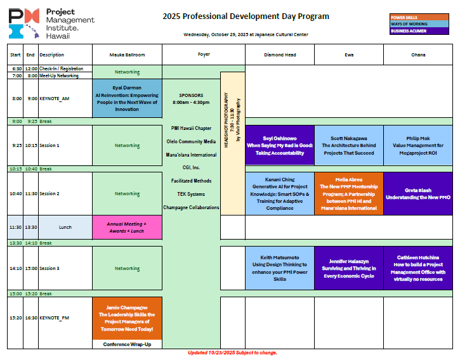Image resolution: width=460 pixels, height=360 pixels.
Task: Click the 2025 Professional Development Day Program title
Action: (x=246, y=16)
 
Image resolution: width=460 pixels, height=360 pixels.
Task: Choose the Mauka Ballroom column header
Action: (x=127, y=55)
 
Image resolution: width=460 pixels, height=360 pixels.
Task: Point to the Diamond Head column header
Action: (x=280, y=55)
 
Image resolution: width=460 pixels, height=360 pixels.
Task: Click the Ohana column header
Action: (x=417, y=55)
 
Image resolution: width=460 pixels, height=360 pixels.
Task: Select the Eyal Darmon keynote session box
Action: (x=127, y=98)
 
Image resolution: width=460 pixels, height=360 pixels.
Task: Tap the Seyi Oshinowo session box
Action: (x=280, y=145)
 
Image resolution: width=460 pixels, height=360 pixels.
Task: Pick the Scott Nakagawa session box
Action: (x=348, y=145)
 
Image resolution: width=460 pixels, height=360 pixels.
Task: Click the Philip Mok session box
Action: (x=417, y=145)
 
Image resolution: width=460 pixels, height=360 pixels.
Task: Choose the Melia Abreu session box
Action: (x=348, y=194)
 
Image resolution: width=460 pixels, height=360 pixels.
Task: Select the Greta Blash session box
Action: (x=417, y=194)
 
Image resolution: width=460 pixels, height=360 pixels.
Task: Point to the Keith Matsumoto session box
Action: (x=280, y=268)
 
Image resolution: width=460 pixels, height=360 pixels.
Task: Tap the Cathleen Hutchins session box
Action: (x=417, y=268)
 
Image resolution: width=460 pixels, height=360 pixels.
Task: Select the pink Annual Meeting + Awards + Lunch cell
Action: (x=127, y=227)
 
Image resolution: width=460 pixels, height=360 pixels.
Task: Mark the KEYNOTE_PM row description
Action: (x=55, y=318)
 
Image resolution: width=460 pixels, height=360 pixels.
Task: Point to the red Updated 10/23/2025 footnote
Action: (x=233, y=352)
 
